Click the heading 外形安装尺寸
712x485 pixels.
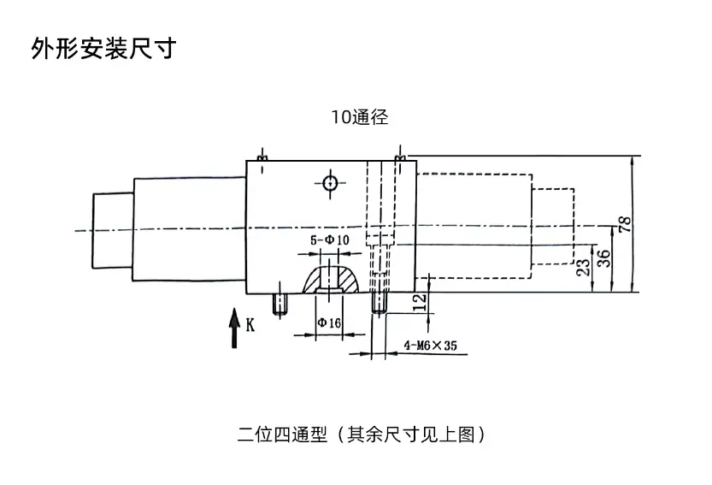(x=103, y=48)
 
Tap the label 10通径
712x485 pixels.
(x=360, y=118)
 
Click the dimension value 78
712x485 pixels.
(x=625, y=225)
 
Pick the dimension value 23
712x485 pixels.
(x=584, y=268)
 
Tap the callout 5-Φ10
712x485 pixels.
(x=329, y=240)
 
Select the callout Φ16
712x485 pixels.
(x=329, y=322)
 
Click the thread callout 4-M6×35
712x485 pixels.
(x=431, y=346)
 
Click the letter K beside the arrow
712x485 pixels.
(x=250, y=324)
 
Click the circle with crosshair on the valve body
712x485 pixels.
(x=329, y=181)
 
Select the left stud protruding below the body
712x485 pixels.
(x=279, y=304)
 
